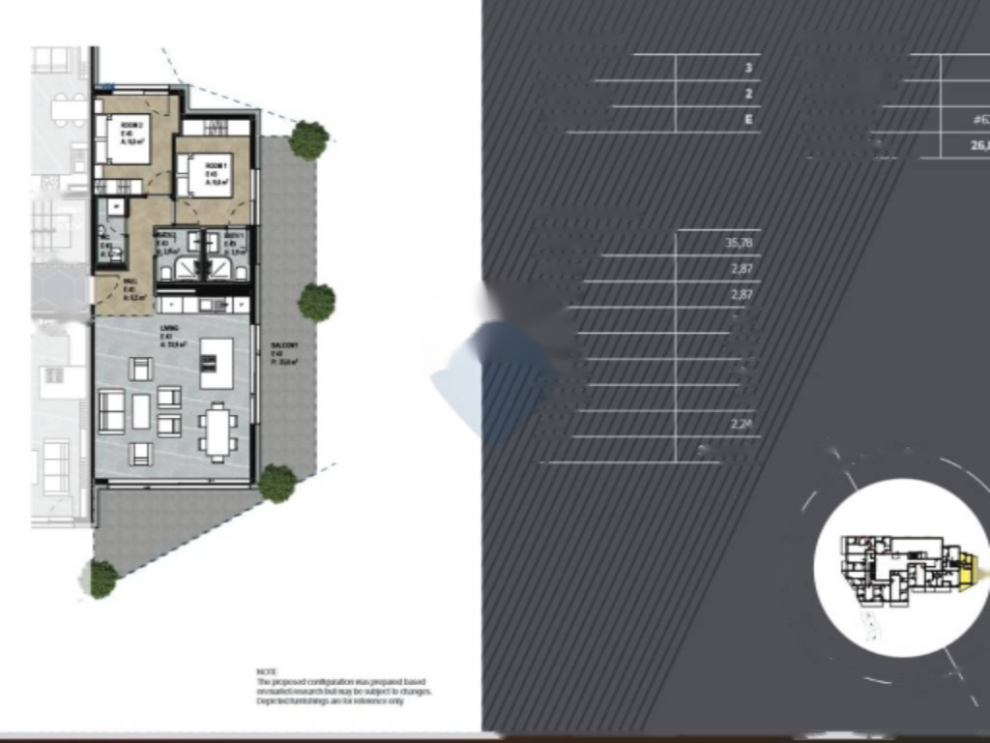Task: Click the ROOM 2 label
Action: (x=132, y=125)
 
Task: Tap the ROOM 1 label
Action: (x=215, y=163)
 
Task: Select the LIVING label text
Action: (x=169, y=329)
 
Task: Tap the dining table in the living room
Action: (x=218, y=431)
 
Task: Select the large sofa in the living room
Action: (x=112, y=410)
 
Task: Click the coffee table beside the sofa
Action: (x=141, y=410)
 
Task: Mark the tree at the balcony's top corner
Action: (x=308, y=140)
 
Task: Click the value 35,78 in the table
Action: (x=739, y=243)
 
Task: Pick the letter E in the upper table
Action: (x=748, y=120)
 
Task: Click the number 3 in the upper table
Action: (x=748, y=69)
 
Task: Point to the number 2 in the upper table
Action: (x=748, y=95)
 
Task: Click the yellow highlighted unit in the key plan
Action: (x=970, y=569)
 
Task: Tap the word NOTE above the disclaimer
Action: (x=267, y=671)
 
